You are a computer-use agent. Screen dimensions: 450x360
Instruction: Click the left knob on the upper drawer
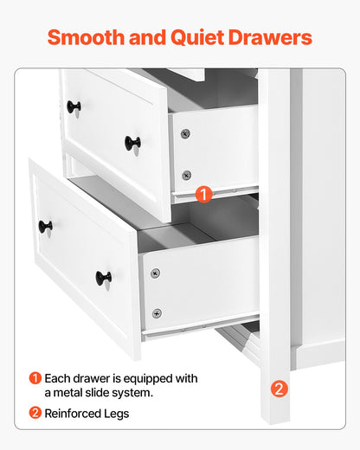coord(74,107)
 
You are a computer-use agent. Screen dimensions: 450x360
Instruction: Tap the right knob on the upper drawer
coord(132,142)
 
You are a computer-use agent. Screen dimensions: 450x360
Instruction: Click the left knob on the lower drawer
coord(45,227)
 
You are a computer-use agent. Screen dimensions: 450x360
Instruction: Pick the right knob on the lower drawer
coord(103,278)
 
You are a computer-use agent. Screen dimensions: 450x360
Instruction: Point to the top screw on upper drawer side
coord(185,134)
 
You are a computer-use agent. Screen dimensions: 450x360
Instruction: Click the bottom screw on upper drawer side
coord(186,175)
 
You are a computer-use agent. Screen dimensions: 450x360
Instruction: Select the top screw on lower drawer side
coord(155,273)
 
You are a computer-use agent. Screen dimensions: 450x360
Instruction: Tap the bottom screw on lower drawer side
coord(157,313)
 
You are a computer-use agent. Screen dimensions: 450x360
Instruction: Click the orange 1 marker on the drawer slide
coord(202,195)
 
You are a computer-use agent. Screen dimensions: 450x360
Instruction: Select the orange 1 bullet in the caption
coord(35,378)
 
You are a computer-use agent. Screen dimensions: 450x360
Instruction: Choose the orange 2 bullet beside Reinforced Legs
coord(35,414)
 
